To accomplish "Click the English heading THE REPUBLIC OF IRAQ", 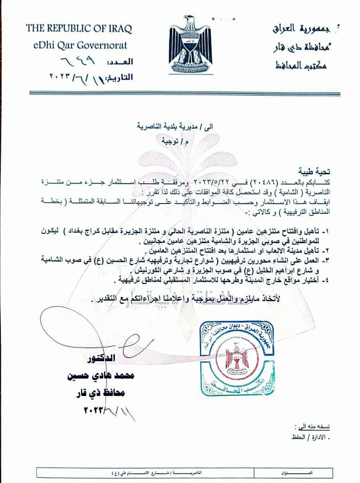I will [x=79, y=29].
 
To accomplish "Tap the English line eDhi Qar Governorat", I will [x=80, y=45].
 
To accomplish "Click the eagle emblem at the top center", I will [x=190, y=44].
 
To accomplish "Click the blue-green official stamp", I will [x=237, y=358].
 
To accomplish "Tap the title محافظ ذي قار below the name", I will [x=105, y=393].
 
